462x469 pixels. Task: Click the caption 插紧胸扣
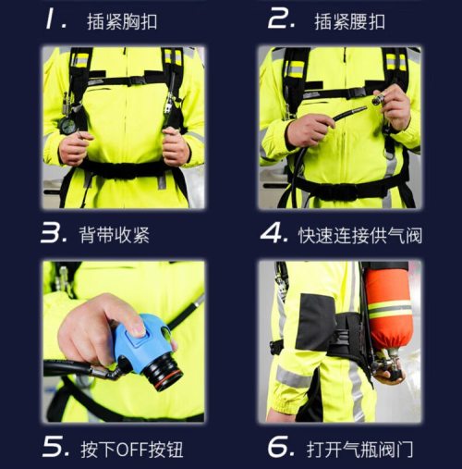point(122,22)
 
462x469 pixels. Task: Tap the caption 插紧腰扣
point(349,22)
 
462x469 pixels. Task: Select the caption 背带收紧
point(115,235)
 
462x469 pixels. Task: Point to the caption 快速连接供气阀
point(360,235)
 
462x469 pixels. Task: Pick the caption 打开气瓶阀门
point(359,450)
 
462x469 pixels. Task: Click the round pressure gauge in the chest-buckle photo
point(67,125)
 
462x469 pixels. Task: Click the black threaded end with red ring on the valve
point(164,372)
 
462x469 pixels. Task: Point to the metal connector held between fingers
point(379,99)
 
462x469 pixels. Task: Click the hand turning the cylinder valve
point(389,375)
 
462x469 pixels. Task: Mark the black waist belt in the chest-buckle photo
point(123,170)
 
